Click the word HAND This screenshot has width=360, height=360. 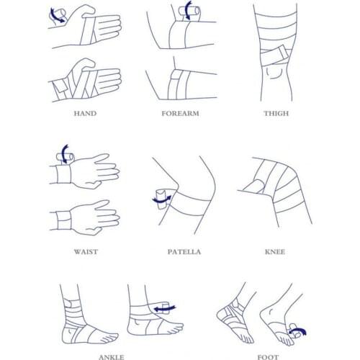pos(85,113)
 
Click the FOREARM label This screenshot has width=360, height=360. pos(179,113)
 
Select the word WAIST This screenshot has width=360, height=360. pos(86,252)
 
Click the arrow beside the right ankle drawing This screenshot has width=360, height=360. pos(166,308)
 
